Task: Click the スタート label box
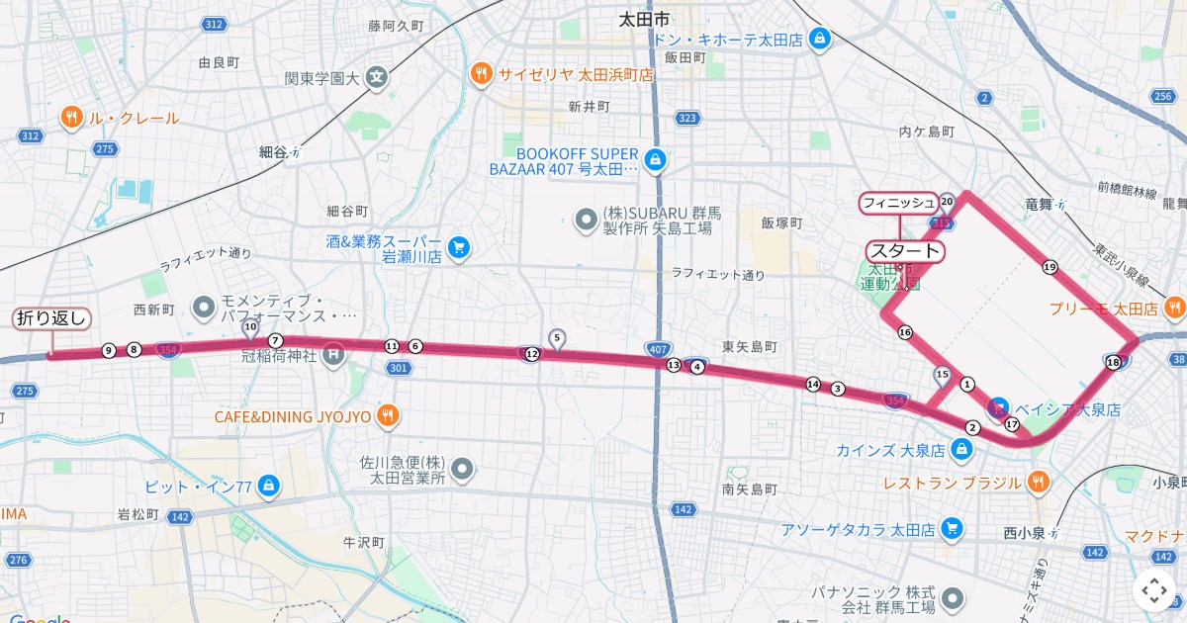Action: tap(905, 251)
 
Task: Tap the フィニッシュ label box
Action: tap(898, 203)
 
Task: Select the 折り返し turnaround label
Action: tap(51, 318)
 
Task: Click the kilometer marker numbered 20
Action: tap(947, 202)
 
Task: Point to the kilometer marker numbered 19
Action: tap(1049, 267)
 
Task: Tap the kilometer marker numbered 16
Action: tap(904, 332)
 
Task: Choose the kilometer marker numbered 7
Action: tap(275, 341)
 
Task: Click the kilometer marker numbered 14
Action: tap(813, 384)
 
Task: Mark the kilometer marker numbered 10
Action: tap(250, 326)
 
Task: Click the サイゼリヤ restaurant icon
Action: tap(481, 73)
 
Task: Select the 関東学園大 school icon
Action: tap(376, 77)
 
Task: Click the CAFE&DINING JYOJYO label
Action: tap(293, 416)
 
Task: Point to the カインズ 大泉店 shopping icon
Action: tap(959, 451)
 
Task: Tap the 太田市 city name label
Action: tap(643, 19)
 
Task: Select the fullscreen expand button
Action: tap(1154, 590)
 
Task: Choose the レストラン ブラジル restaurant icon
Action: tap(1037, 483)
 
